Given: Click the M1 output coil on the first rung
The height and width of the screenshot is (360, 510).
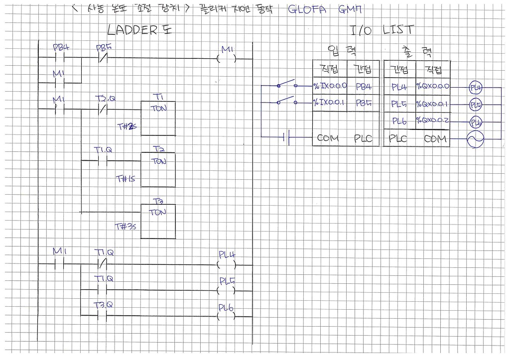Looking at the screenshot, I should tap(227, 58).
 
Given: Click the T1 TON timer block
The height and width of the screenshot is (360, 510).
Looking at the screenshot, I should tap(158, 118).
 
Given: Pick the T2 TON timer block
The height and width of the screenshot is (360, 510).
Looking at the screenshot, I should tap(158, 169).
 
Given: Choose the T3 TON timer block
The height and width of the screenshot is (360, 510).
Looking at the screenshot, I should tap(158, 221).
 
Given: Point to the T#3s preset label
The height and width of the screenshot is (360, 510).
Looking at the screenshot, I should tap(126, 227).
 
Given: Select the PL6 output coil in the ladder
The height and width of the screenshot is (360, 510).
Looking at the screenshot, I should tap(227, 316).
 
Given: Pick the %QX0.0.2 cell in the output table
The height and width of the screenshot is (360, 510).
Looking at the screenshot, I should tap(432, 121).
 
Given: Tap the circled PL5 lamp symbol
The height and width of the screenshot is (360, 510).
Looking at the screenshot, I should tap(475, 105).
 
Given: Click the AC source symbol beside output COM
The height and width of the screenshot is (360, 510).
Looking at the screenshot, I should tap(475, 140).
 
